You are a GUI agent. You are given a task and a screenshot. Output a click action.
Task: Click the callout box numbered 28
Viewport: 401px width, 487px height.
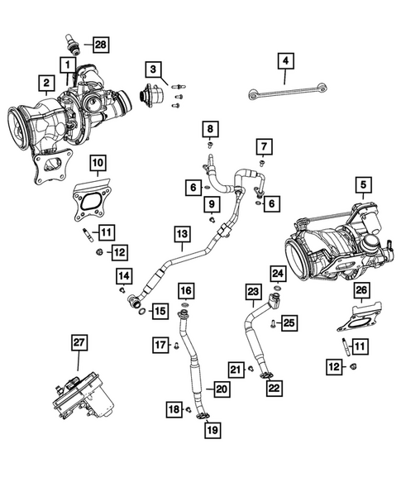pyautogui.click(x=100, y=43)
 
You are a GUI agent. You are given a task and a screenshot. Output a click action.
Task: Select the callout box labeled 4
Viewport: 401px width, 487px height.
pyautogui.click(x=284, y=60)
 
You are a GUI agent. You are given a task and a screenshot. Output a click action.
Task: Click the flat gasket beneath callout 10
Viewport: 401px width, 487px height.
pyautogui.click(x=92, y=203)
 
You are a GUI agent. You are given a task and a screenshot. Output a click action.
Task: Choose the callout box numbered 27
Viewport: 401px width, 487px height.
pyautogui.click(x=79, y=341)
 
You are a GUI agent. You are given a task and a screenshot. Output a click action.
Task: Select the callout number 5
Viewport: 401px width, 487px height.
pyautogui.click(x=362, y=184)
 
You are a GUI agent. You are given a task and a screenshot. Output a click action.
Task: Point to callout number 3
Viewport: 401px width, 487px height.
pyautogui.click(x=154, y=67)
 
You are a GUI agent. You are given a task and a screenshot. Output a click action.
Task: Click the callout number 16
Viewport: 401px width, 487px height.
pyautogui.click(x=187, y=289)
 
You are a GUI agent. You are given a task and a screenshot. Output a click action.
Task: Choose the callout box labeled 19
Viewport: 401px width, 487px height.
pyautogui.click(x=212, y=428)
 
